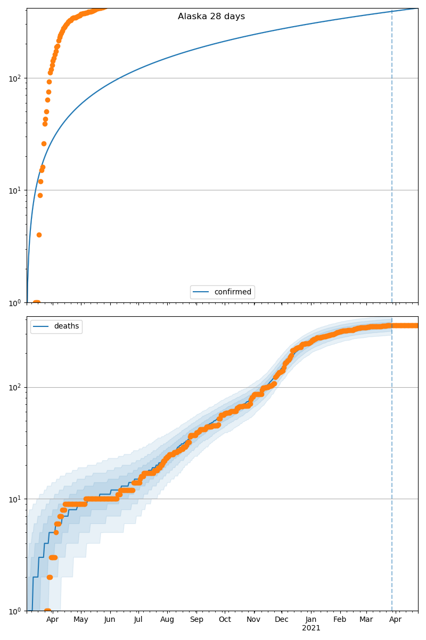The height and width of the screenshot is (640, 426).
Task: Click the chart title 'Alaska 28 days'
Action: pos(211,17)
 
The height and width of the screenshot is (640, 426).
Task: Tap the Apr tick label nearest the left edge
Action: pos(52,620)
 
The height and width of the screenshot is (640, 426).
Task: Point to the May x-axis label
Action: pos(81,620)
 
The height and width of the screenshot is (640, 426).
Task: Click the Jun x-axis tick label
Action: pos(110,620)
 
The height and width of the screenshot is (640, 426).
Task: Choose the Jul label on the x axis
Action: pos(138,620)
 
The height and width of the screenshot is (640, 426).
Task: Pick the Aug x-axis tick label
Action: pos(167,620)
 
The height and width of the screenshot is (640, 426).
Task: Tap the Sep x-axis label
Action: pos(196,620)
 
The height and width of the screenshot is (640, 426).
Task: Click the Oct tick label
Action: pos(225,620)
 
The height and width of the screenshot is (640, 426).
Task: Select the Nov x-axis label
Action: pos(253,620)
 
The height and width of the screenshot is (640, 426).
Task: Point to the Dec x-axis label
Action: pos(282,620)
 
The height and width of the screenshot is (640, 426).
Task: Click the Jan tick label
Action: pos(311,620)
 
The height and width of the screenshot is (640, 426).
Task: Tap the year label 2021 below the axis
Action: pos(311,628)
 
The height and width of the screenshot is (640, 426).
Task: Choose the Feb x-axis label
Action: pos(340,620)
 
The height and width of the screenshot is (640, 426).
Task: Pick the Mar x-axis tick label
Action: pos(366,620)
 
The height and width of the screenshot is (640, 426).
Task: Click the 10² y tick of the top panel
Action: pos(15,78)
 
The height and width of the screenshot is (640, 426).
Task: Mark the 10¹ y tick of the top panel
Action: pos(15,190)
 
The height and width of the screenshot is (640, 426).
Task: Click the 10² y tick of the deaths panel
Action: pos(15,387)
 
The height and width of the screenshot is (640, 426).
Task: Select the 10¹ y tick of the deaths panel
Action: pos(15,499)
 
